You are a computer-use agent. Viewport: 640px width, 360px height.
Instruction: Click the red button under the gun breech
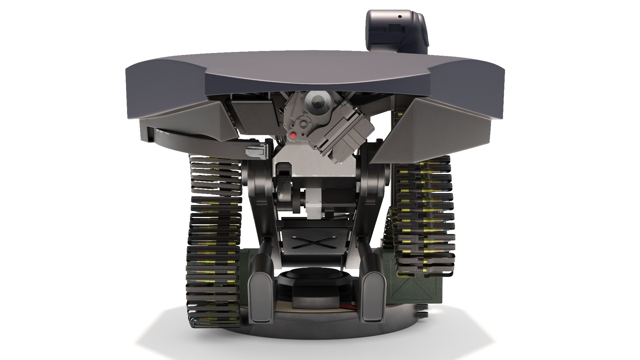click(x=293, y=135)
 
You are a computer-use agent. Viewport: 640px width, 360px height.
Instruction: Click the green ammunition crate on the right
click(x=410, y=287)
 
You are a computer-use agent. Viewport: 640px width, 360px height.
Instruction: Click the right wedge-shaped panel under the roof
click(x=433, y=127)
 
